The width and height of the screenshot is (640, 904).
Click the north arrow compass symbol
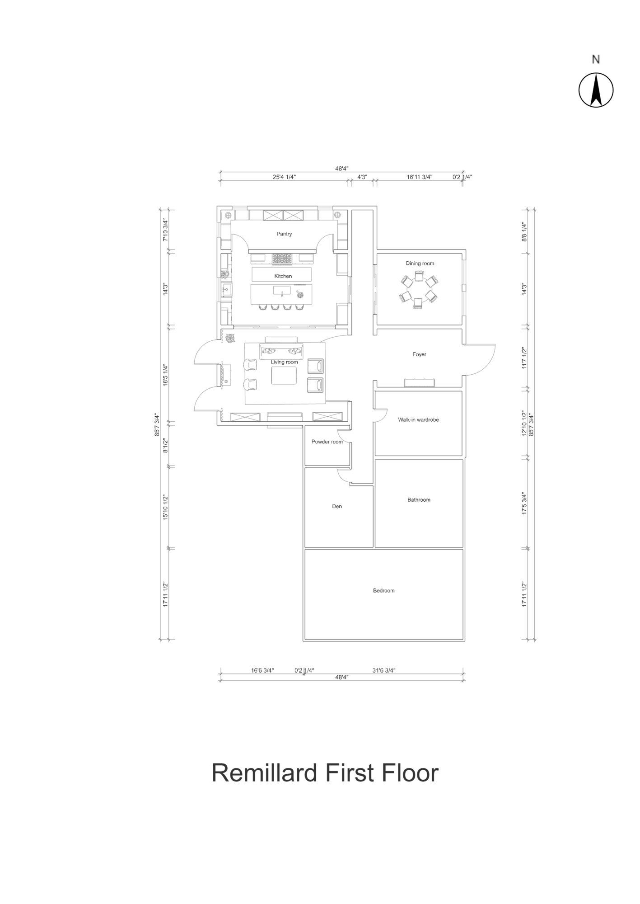[596, 90]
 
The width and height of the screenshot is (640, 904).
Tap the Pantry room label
[284, 234]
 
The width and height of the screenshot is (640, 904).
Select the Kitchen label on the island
[283, 276]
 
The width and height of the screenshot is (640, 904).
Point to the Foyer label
[419, 354]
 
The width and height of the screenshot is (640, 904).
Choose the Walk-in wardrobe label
[418, 420]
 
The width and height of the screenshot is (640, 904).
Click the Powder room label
[327, 442]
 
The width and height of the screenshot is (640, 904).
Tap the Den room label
[337, 506]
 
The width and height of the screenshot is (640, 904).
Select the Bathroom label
[419, 499]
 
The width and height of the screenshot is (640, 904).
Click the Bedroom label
[383, 590]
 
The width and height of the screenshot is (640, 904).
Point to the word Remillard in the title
[264, 773]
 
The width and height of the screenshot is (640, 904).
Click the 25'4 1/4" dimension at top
[284, 177]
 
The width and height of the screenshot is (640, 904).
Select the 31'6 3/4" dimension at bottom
[383, 670]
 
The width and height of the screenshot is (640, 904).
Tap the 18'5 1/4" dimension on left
[166, 375]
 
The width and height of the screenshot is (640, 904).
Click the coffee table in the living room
[284, 375]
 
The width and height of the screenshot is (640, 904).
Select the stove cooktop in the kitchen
[282, 259]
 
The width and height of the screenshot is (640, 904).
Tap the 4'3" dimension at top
[362, 177]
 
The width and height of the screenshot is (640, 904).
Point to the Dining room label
[420, 264]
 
